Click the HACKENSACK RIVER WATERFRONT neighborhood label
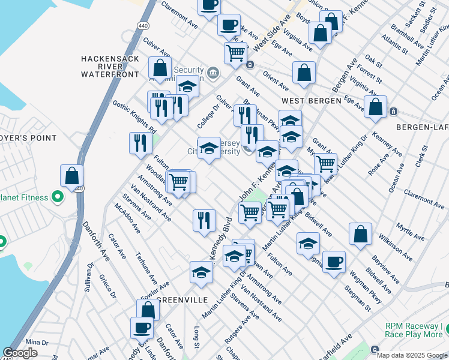106,67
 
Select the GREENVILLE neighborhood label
182,299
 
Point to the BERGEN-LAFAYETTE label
422,127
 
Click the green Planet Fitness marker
58,196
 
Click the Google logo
20,353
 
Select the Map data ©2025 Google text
412,355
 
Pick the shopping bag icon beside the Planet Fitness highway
72,176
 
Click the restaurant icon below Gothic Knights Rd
138,143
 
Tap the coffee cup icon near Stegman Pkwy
334,262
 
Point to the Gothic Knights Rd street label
134,116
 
